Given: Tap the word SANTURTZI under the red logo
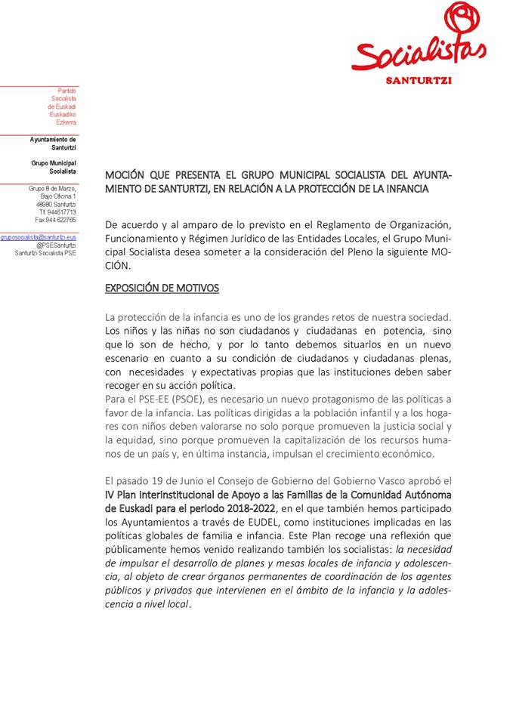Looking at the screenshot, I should click(419, 81).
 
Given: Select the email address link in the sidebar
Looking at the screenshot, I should click(39, 236).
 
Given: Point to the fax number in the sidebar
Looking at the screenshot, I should click(55, 220).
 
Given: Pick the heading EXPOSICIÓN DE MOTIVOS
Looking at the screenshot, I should click(162, 288).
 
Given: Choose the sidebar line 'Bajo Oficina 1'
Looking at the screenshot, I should click(58, 196).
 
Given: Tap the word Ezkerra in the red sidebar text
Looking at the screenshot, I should click(66, 122).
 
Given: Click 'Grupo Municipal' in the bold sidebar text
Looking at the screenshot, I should click(54, 163).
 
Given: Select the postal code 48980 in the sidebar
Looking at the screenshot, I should click(45, 205).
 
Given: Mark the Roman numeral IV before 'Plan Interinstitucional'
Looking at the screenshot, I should click(111, 495).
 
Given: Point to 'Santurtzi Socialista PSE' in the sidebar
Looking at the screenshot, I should click(45, 253).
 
